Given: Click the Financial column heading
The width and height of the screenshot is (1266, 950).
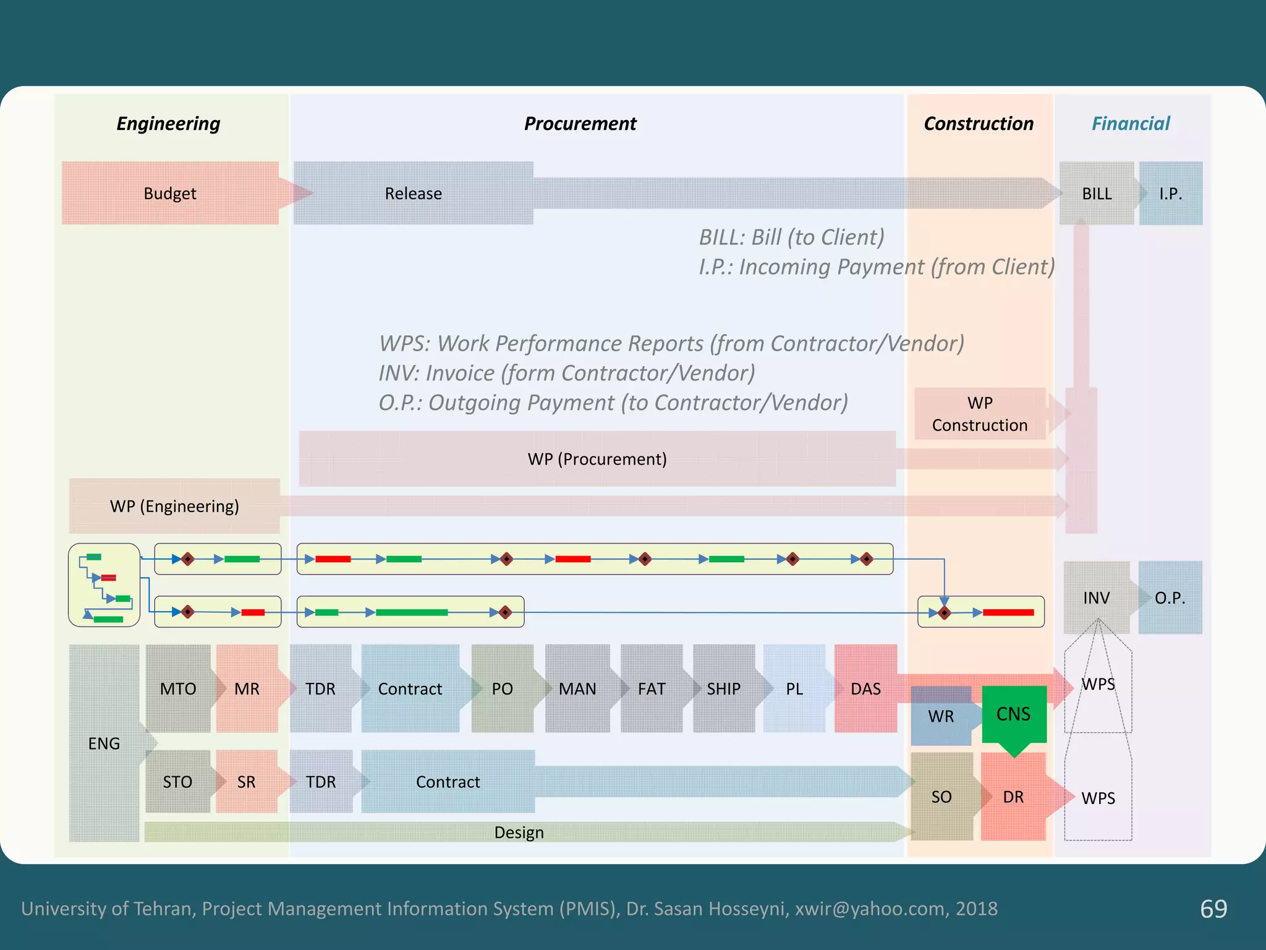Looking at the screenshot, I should coord(1130,124).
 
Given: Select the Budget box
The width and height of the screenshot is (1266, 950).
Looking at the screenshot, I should coord(170,194).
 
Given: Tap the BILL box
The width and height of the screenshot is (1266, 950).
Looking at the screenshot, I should coord(1097,194).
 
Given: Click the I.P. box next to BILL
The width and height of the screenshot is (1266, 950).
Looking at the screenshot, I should coord(1170,194).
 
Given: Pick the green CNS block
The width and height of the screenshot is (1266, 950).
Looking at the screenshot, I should coord(1013,714).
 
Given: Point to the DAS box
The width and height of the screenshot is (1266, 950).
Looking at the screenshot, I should coord(865,689).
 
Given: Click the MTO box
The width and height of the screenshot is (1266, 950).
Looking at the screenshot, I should coord(178,689).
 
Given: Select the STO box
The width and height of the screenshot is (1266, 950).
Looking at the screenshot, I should coord(178,782).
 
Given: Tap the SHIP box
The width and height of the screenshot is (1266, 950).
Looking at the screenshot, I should coord(723,689).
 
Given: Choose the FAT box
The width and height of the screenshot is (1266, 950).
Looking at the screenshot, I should coord(652,689).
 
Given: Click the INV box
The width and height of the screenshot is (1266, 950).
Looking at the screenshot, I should coord(1096,598).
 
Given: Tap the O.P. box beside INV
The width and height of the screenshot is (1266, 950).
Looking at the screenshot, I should coord(1170,598).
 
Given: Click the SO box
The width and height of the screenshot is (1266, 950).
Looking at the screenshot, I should coord(941,797).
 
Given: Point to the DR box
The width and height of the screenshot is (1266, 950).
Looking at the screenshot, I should coord(1013,797).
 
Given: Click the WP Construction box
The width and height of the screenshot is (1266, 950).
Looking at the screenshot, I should coord(980,414).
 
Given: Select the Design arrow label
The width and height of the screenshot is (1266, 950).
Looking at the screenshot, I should coord(519,832).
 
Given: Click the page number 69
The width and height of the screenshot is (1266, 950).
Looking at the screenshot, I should coord(1213,909).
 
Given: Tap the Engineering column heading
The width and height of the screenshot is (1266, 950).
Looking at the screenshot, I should coord(168,124).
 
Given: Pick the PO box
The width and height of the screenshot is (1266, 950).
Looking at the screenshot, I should coord(502,689).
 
